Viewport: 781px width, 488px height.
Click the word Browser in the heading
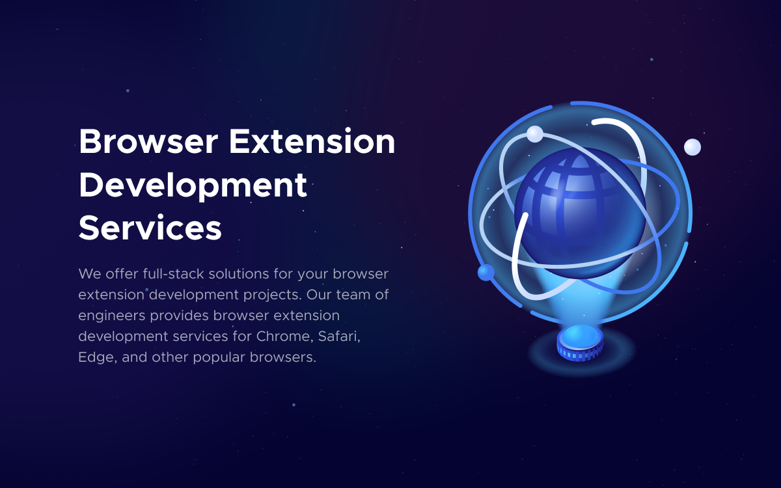(148, 142)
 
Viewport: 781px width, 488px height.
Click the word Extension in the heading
(312, 142)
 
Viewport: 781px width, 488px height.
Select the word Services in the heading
(150, 228)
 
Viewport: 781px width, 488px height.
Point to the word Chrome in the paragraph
(284, 337)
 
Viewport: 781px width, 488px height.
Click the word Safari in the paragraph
(339, 337)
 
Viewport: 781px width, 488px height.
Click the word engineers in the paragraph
(111, 316)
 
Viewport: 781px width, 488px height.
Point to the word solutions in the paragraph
(239, 274)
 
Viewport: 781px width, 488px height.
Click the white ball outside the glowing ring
(692, 147)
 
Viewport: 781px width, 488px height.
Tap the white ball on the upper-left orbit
(535, 134)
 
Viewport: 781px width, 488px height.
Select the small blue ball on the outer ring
(486, 272)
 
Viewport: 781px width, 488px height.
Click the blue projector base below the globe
(580, 343)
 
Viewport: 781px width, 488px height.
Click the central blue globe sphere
(580, 213)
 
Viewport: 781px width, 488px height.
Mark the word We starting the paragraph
(90, 274)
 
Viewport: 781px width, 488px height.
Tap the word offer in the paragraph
(122, 274)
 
